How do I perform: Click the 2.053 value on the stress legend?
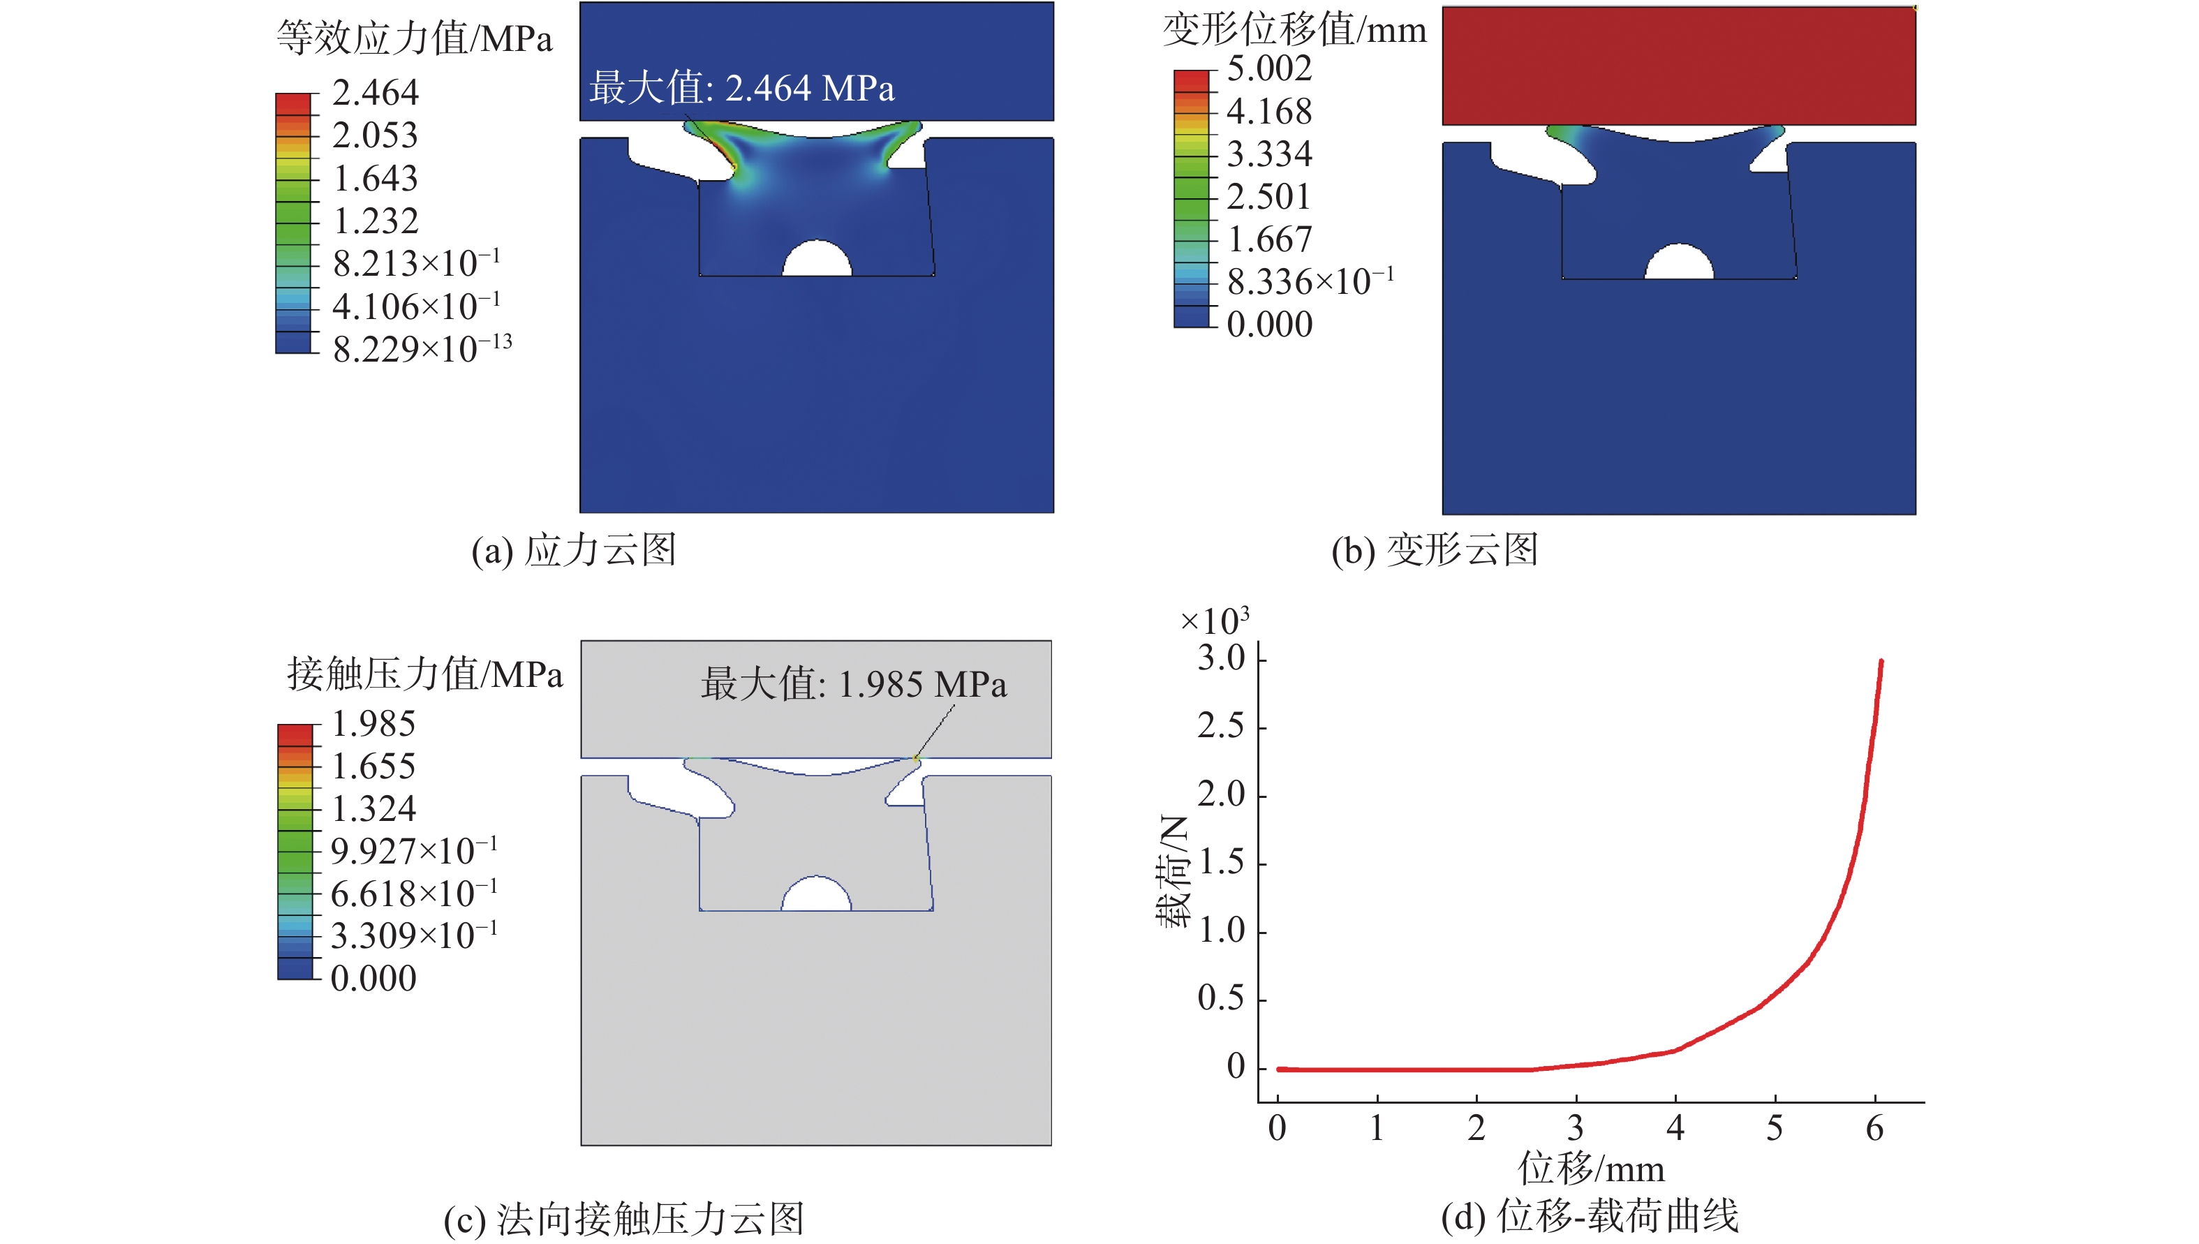[x=375, y=135]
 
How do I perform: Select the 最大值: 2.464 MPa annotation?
[x=741, y=88]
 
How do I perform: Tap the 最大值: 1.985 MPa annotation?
[x=854, y=684]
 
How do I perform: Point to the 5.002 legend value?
[x=1268, y=68]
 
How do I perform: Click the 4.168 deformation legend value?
[x=1268, y=111]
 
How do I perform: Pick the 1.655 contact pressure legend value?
[x=373, y=767]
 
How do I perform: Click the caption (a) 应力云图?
[x=574, y=550]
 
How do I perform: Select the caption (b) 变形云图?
[x=1435, y=550]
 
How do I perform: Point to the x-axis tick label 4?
[x=1675, y=1129]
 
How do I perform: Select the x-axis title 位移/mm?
[x=1591, y=1168]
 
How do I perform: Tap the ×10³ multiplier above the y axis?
[x=1214, y=621]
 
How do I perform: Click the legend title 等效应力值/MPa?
[x=415, y=38]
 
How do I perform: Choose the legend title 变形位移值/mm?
[x=1294, y=30]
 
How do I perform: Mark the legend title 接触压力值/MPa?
[x=424, y=675]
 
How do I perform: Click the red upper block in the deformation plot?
[x=1679, y=66]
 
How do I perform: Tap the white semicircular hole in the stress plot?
[x=817, y=260]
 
